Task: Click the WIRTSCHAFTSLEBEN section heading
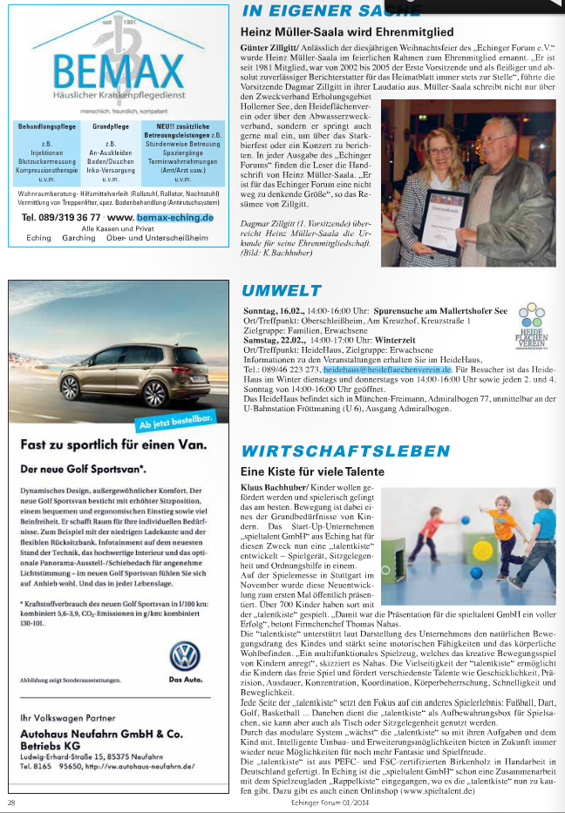coord(345,451)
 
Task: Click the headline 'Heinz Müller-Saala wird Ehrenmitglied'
coord(347,31)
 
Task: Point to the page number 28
coord(11,802)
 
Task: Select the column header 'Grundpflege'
coord(111,127)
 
